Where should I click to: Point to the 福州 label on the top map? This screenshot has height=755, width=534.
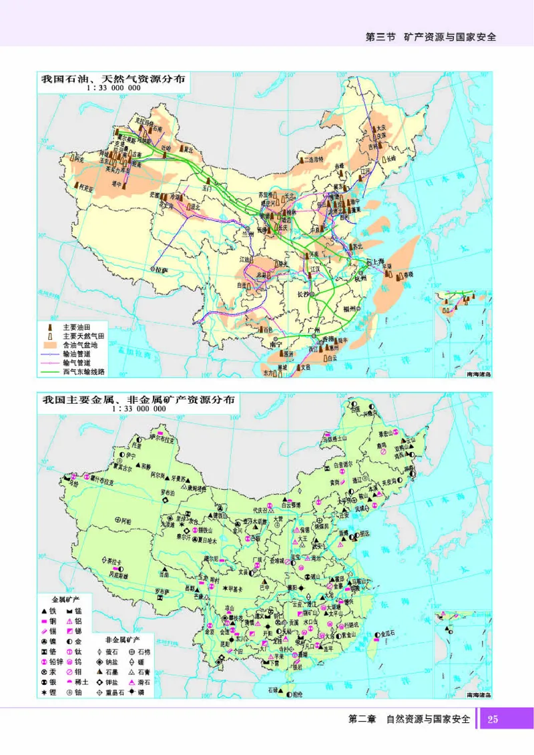352,309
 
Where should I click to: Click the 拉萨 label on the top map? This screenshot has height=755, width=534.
161,268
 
